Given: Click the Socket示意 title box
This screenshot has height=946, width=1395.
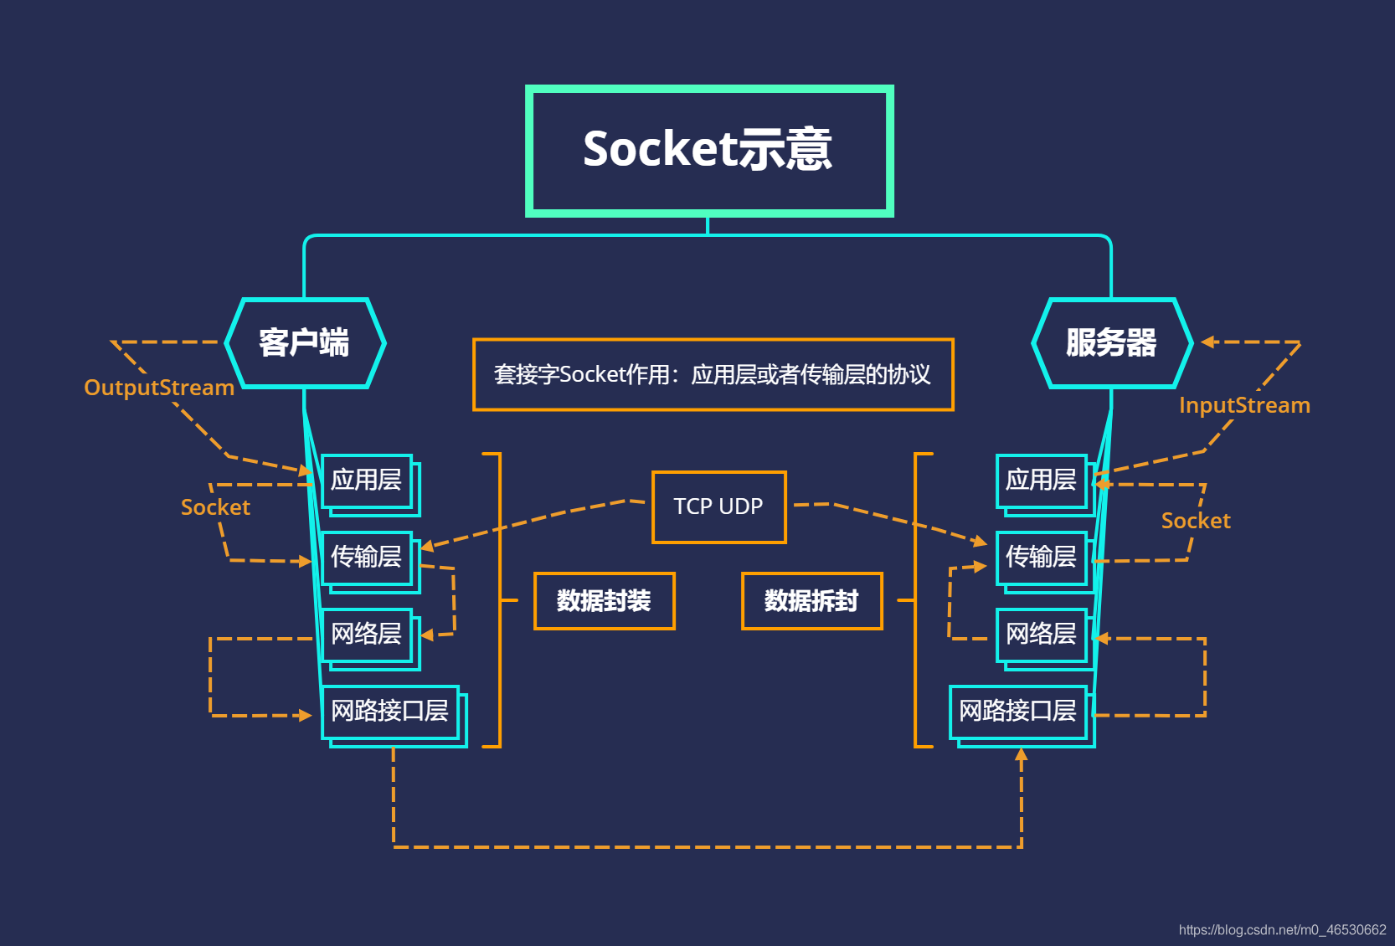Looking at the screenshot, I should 708,151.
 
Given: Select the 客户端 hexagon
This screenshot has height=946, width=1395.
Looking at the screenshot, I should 305,343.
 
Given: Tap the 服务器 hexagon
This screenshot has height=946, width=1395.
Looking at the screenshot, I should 1111,343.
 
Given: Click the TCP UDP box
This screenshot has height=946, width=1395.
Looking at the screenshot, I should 718,506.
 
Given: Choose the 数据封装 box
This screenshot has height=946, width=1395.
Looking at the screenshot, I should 604,600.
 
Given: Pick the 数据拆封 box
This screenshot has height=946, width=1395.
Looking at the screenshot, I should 811,600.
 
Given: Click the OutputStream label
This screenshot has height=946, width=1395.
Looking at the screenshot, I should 159,388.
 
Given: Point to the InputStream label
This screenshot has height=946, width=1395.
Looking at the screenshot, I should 1244,405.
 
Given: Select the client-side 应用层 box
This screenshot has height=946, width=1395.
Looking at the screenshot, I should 367,481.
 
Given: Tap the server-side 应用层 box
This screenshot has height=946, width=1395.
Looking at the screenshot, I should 1041,481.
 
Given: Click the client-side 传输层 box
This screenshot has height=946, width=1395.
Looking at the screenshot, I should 367,558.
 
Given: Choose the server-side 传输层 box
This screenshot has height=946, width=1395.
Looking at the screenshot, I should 1041,558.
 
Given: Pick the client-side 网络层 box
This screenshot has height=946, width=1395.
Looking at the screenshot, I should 367,635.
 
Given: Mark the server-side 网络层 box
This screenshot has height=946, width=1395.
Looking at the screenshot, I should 1041,635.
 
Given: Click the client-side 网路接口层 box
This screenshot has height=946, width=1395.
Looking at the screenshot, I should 390,712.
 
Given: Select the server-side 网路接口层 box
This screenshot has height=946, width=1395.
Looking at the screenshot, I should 1017,712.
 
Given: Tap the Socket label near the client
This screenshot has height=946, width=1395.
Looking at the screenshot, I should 215,507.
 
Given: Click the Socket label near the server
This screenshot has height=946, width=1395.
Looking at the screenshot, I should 1196,521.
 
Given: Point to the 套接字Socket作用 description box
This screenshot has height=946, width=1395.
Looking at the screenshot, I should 713,374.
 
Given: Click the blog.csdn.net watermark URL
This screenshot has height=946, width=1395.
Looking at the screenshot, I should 1282,929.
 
